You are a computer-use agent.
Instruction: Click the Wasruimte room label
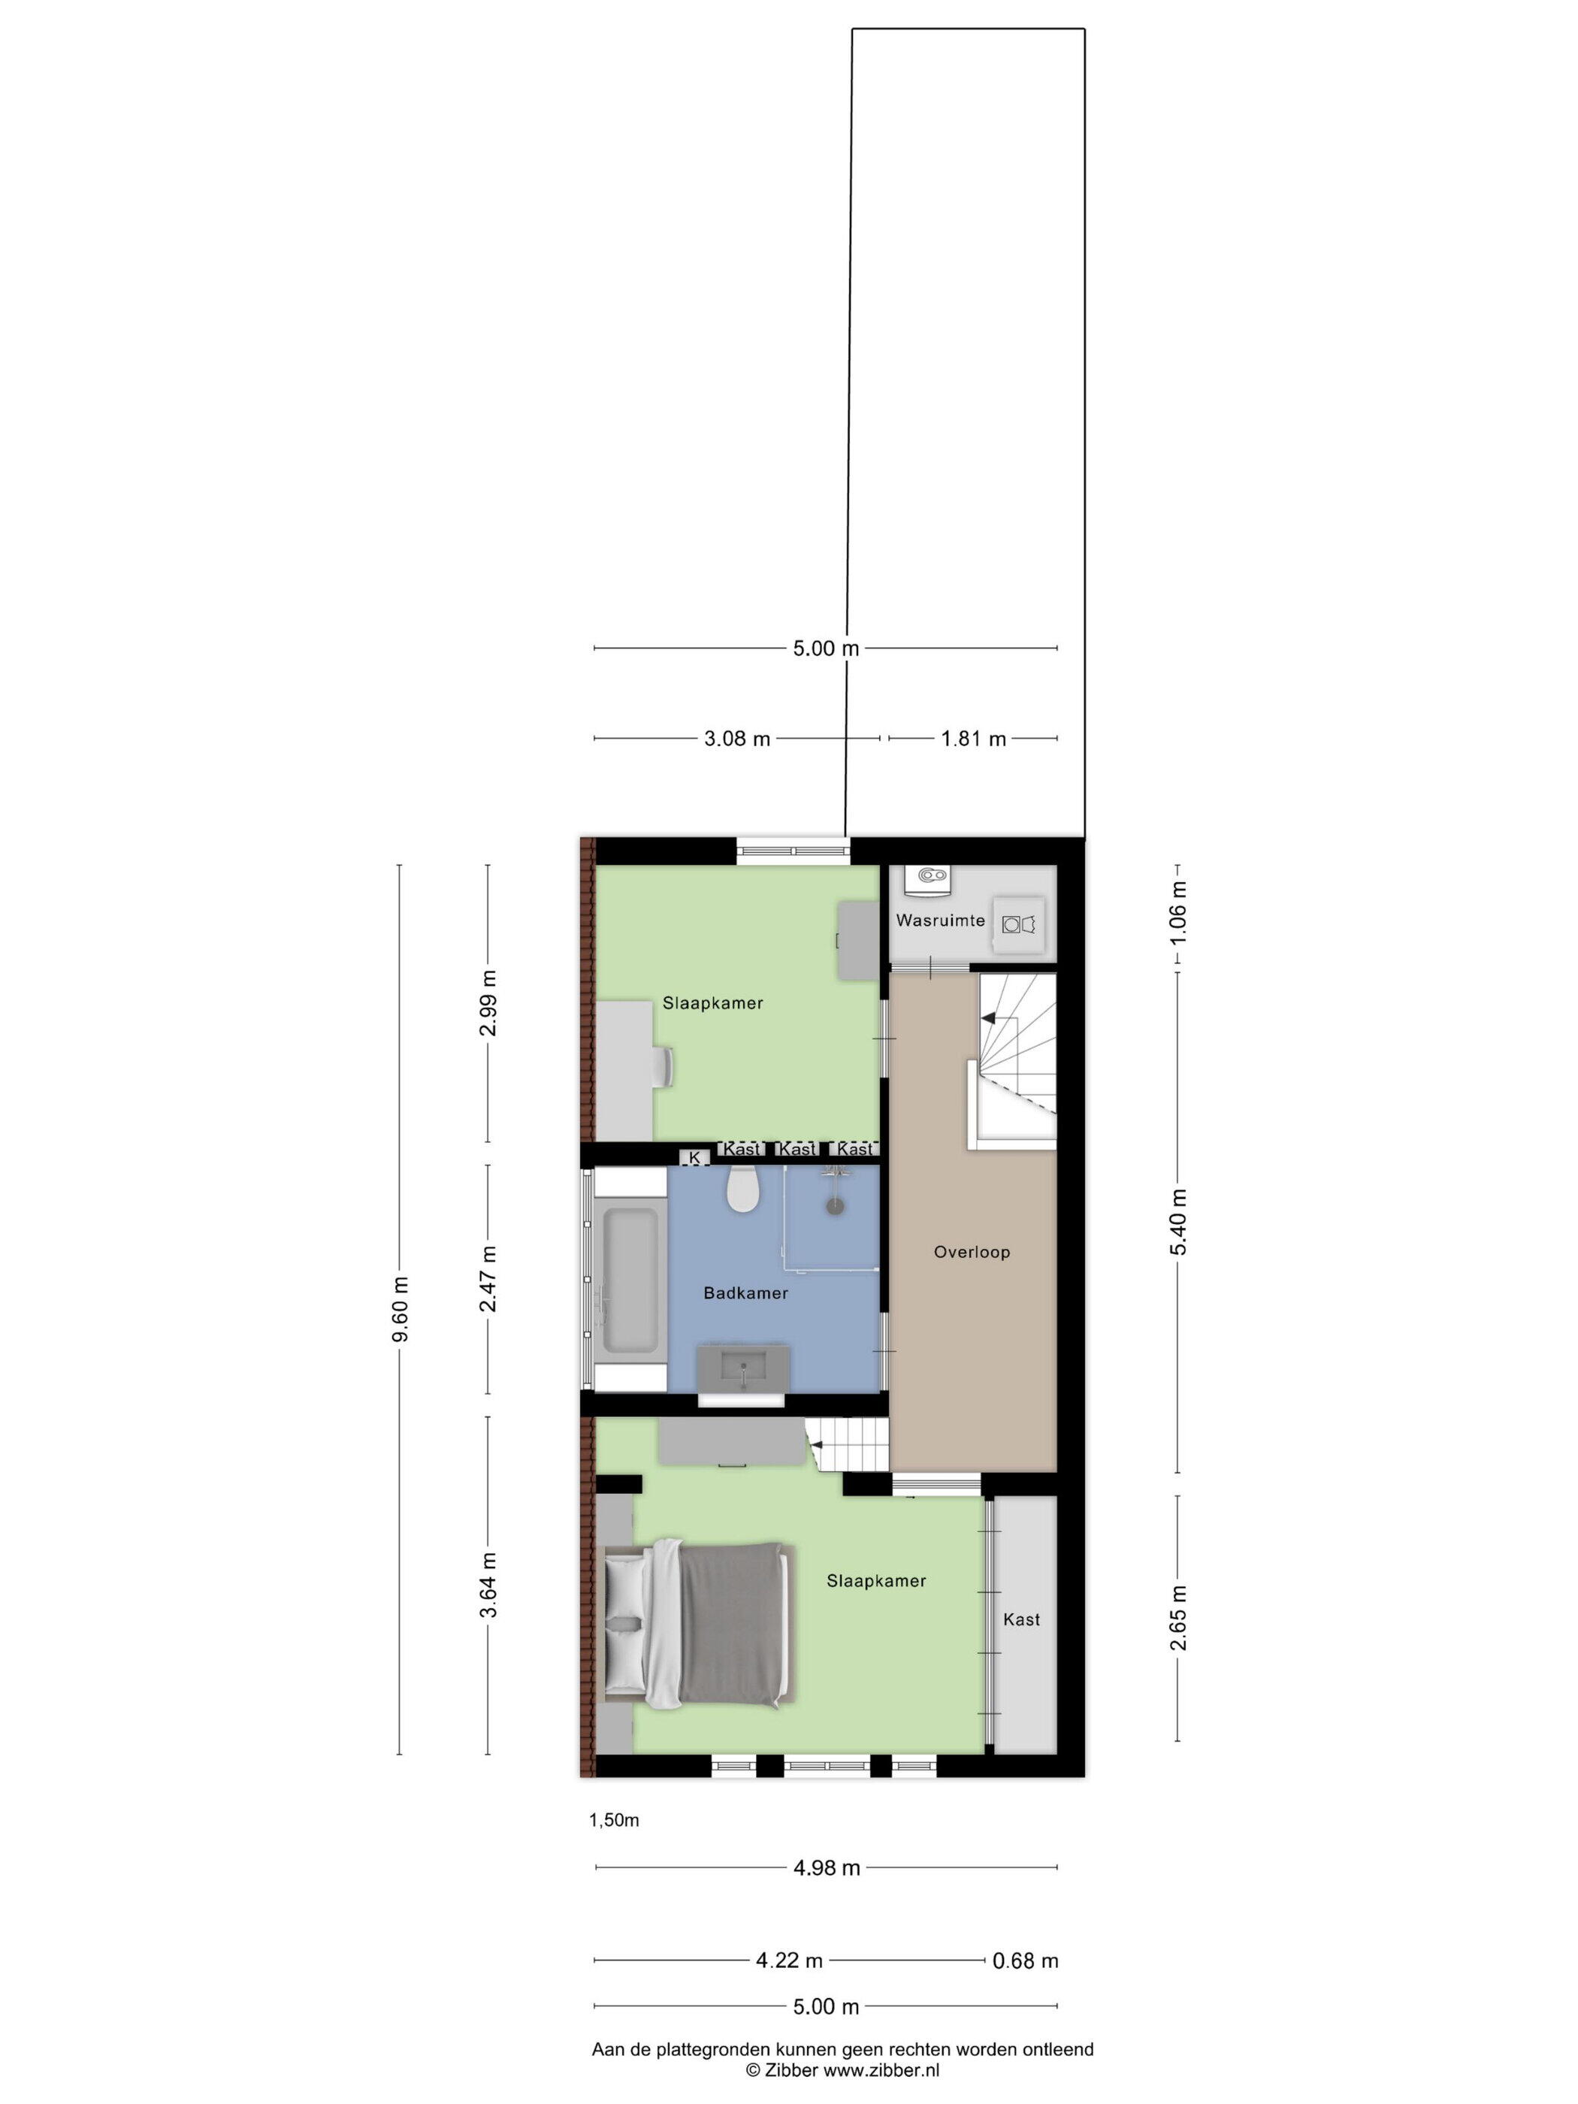(x=940, y=920)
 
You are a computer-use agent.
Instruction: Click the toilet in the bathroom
(x=742, y=1191)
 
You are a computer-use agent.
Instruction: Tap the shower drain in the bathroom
(x=835, y=1206)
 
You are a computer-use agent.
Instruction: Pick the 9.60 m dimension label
(x=401, y=1310)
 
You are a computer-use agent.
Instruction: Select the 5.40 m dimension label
(x=1178, y=1223)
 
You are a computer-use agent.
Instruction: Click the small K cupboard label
(x=694, y=1158)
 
